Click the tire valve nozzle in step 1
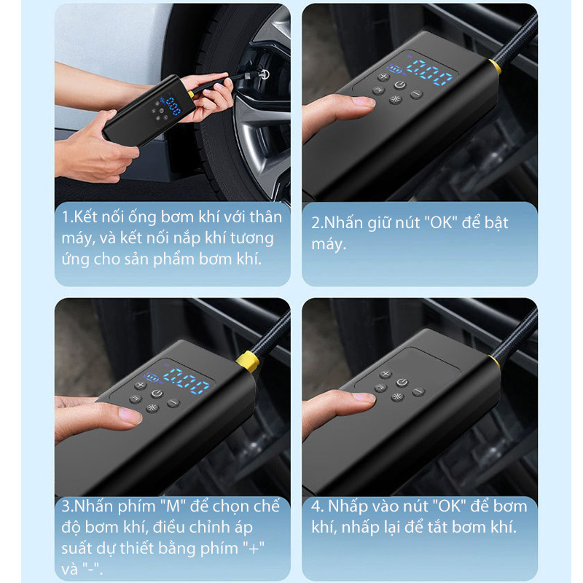pyautogui.click(x=264, y=74)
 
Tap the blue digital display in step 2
pyautogui.click(x=429, y=72)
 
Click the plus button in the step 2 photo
pyautogui.click(x=383, y=77)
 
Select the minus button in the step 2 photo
pyautogui.click(x=416, y=94)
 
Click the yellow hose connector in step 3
pyautogui.click(x=247, y=361)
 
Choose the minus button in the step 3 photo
pyautogui.click(x=173, y=403)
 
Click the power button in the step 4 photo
pyautogui.click(x=402, y=382)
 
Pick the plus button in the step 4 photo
pyautogui.click(x=386, y=374)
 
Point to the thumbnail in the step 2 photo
pyautogui.click(x=361, y=101)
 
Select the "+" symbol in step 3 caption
pyautogui.click(x=254, y=549)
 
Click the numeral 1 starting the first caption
pyautogui.click(x=66, y=217)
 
